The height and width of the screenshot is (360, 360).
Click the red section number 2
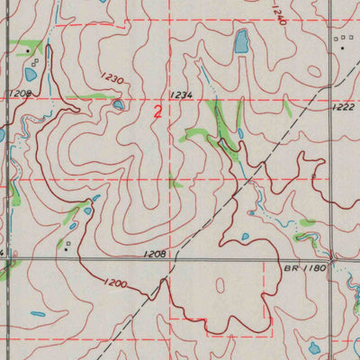(x=158, y=113)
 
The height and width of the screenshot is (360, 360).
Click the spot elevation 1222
(x=343, y=107)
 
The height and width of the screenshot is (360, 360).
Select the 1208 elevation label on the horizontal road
(x=154, y=256)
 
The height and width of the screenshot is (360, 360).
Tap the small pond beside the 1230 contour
(x=119, y=104)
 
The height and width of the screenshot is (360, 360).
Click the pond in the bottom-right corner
(x=314, y=347)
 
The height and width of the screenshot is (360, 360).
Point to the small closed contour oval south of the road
(x=220, y=286)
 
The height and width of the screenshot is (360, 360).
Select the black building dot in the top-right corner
(x=343, y=49)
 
